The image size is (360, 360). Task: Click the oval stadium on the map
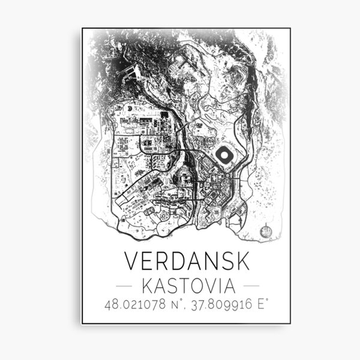tap(224, 156)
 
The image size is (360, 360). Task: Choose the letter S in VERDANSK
tap(220, 260)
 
